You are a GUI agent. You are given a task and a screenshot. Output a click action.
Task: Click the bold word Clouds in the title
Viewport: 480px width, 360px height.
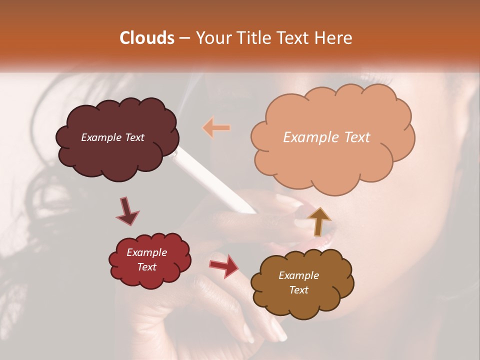(147, 38)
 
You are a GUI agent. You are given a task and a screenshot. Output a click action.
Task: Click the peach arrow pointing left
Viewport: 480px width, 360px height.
(216, 128)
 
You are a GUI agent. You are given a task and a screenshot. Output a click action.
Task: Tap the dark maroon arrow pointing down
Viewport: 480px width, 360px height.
(127, 211)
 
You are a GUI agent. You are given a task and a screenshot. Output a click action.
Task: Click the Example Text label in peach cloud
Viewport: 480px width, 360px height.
(326, 137)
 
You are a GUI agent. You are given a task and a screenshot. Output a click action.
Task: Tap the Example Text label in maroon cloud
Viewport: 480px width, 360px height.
(112, 137)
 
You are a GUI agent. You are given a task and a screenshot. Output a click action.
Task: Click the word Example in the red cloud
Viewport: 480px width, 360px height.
(146, 252)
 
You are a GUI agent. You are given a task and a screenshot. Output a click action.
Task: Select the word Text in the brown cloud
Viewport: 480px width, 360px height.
(298, 290)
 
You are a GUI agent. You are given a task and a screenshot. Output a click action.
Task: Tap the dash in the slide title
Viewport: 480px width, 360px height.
(184, 38)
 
